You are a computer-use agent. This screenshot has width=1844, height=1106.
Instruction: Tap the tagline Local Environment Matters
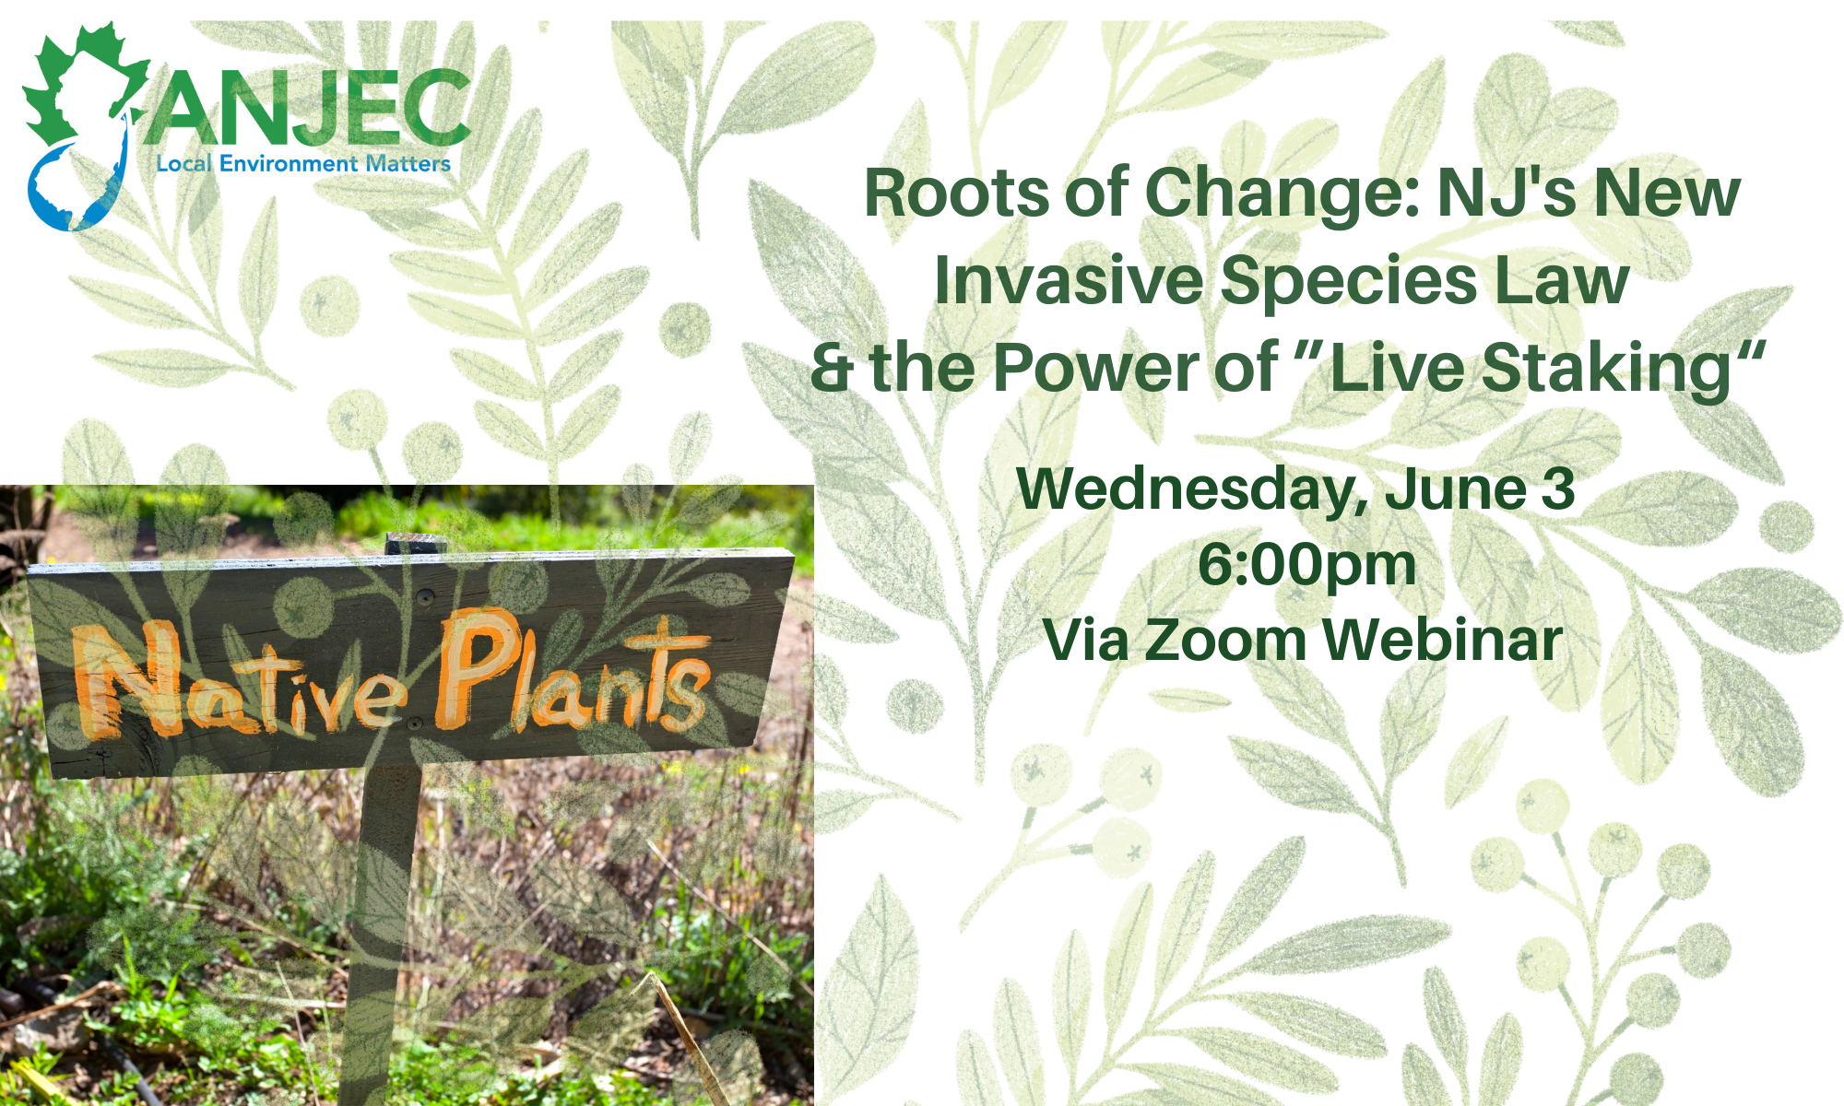coord(303,164)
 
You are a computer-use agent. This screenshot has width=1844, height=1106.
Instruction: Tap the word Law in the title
coord(1561,280)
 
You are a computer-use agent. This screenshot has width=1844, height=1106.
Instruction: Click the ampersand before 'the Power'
coord(832,368)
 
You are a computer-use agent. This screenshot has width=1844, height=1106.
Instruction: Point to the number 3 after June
coord(1557,488)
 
